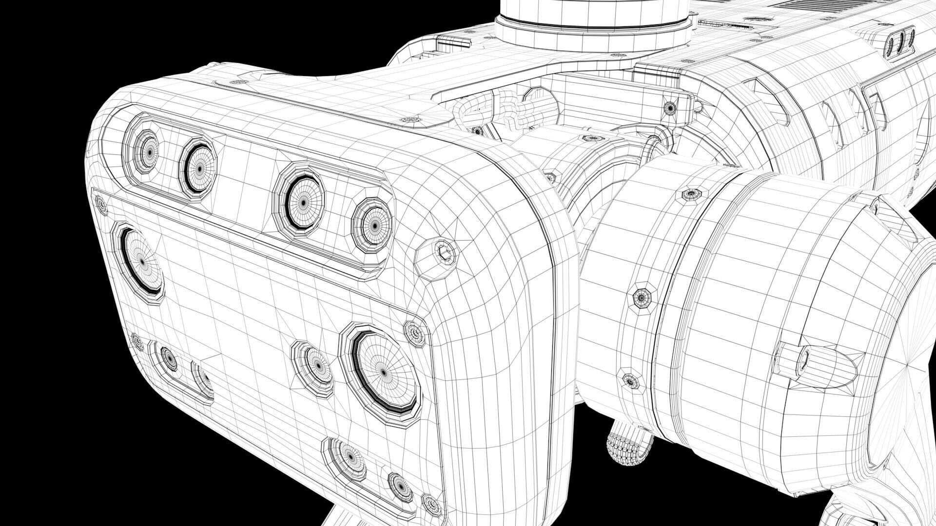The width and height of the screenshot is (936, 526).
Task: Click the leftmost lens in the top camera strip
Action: click(x=145, y=152)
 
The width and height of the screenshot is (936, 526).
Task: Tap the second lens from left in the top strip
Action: click(x=199, y=167)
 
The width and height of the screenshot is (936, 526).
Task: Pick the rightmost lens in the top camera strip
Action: click(x=373, y=225)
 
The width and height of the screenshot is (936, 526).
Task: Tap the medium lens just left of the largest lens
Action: click(x=317, y=365)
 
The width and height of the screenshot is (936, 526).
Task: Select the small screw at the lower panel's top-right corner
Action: click(x=415, y=334)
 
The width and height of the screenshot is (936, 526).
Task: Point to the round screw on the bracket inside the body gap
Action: click(x=671, y=108)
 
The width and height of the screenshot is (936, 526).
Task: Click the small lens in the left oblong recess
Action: click(x=169, y=358)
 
